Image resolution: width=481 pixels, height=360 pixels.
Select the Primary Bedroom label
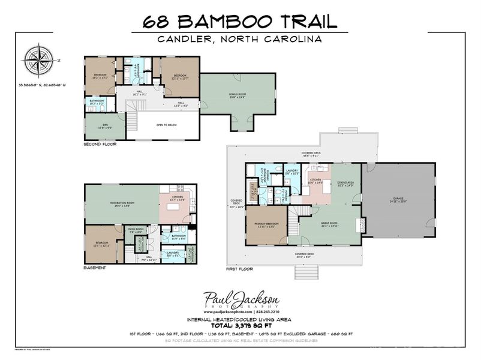[268, 225]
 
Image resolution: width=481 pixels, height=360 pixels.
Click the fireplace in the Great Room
[362, 224]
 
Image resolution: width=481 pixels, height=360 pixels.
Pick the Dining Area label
[347, 184]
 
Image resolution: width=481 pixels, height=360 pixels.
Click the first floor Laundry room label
[292, 172]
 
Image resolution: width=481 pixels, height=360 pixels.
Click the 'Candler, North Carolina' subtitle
[240, 39]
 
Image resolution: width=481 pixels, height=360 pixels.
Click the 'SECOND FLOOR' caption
[100, 144]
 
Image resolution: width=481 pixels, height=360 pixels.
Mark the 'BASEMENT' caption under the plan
[95, 268]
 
